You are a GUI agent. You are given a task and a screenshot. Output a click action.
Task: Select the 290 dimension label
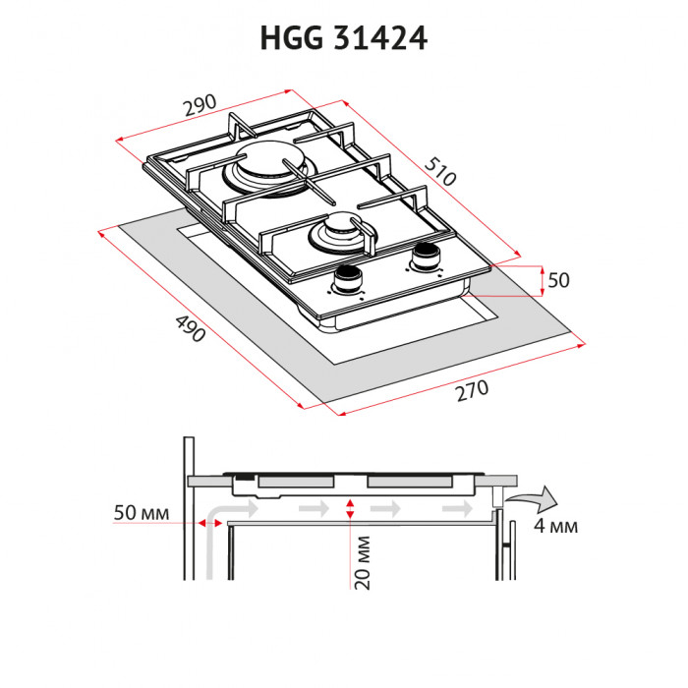(202, 107)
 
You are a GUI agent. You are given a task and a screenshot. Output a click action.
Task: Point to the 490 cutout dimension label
(189, 327)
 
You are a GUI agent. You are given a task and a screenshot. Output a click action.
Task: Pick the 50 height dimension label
(558, 280)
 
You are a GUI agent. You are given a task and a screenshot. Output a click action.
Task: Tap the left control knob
(347, 281)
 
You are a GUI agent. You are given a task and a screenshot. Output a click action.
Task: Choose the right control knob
(426, 256)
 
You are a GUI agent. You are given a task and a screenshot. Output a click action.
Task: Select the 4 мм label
(555, 526)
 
